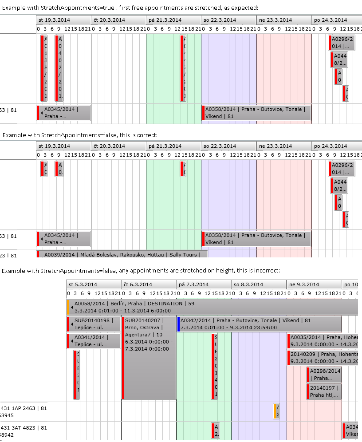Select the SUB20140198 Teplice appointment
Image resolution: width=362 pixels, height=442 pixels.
click(94, 324)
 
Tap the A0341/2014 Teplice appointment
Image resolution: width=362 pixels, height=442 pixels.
click(94, 341)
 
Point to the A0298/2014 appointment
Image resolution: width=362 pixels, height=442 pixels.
click(324, 375)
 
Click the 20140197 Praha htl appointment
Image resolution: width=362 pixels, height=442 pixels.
click(324, 391)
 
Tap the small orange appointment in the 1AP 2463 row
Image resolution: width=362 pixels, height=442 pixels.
click(276, 411)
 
